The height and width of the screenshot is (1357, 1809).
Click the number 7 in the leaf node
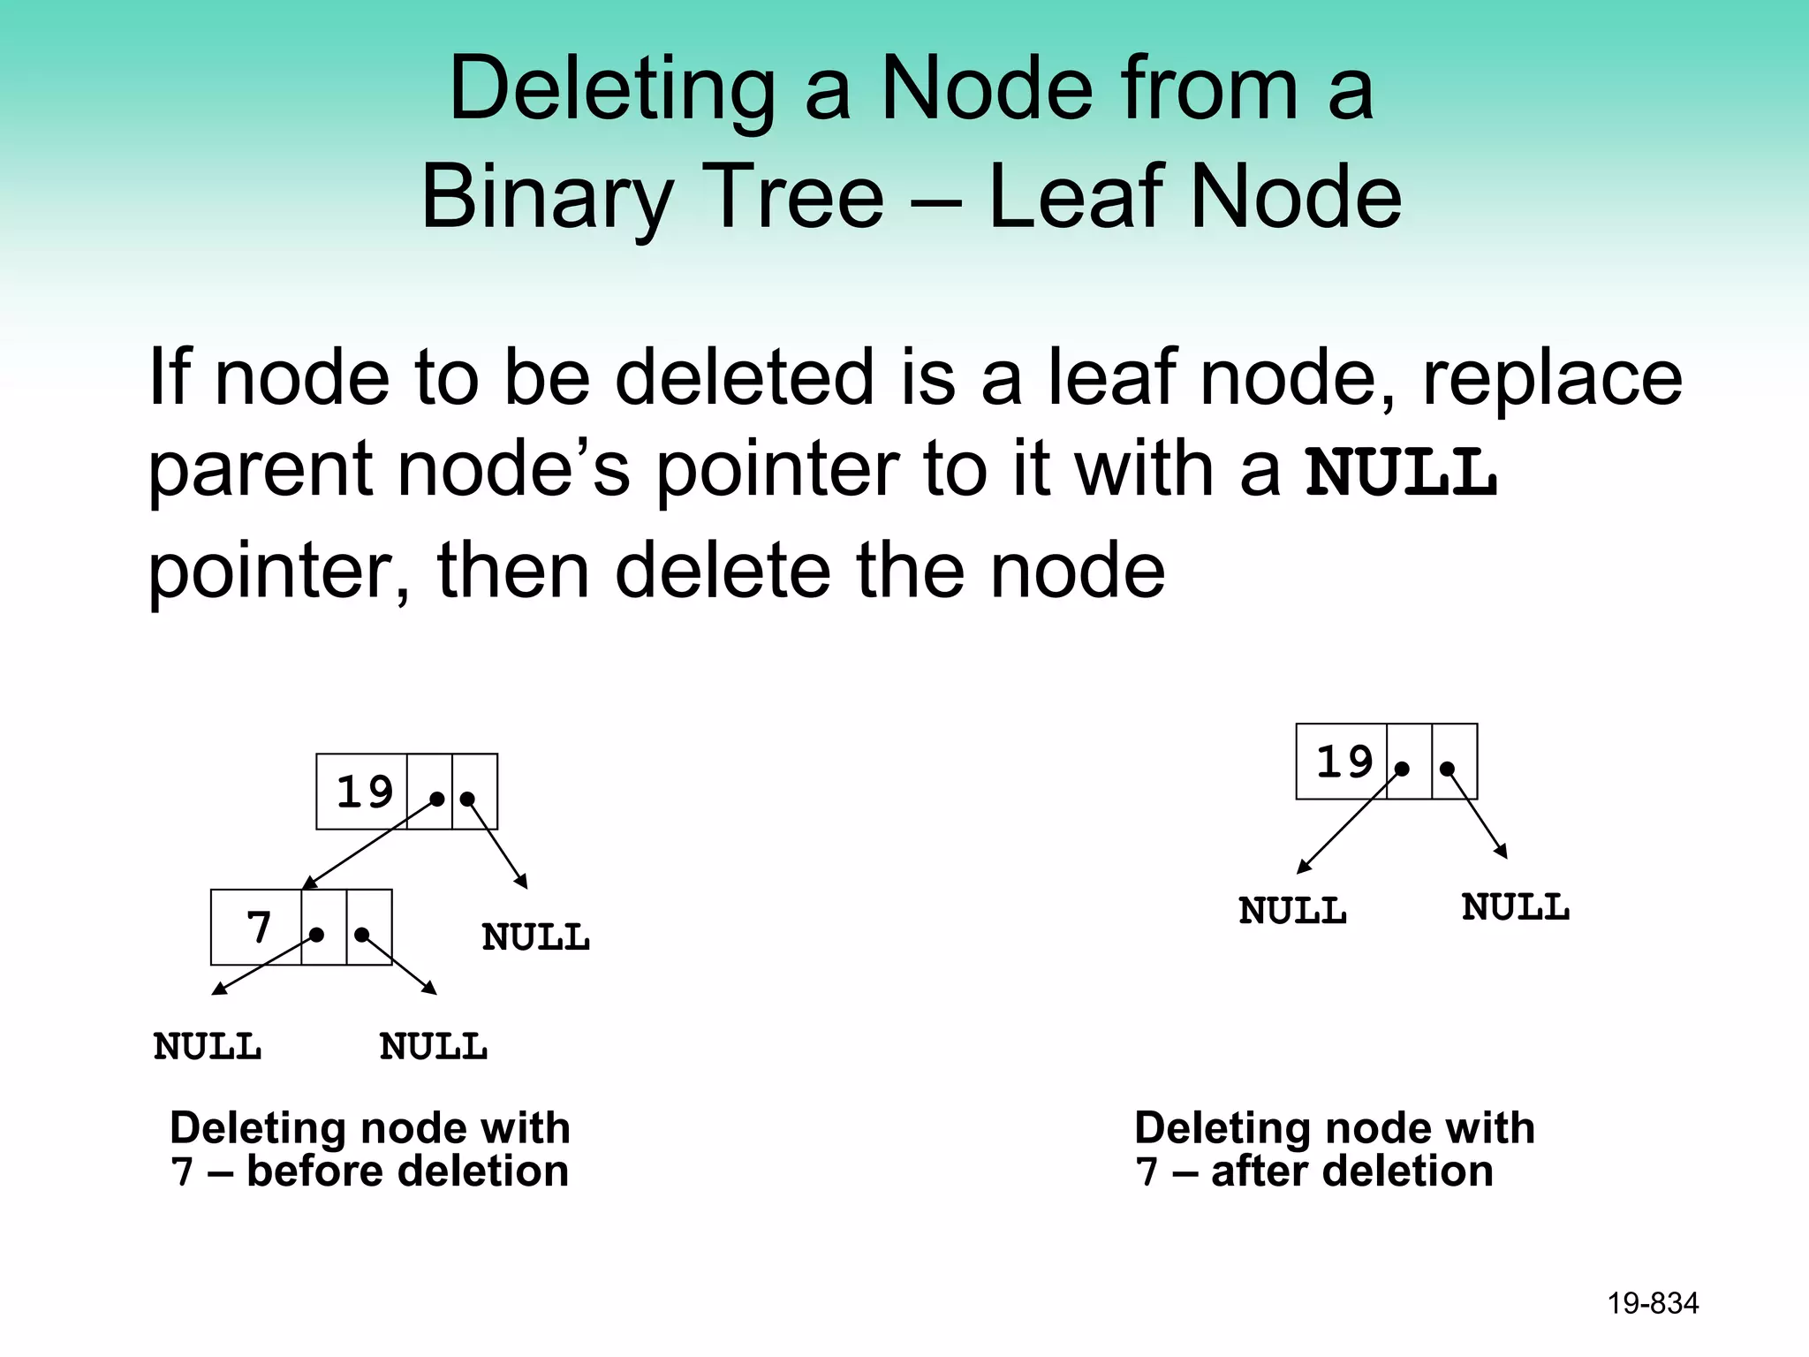coord(258,928)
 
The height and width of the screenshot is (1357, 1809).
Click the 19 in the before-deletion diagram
coord(364,792)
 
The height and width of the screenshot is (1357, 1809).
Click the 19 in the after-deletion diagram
coord(1344,762)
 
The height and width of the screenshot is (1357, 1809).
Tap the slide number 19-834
coord(1653,1303)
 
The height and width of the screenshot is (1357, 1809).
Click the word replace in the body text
coord(1552,377)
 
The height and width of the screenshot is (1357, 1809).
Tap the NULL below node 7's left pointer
coord(208,1047)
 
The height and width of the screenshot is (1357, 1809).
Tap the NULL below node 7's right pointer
coord(434,1047)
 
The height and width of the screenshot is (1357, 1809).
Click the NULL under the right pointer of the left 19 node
coord(535,937)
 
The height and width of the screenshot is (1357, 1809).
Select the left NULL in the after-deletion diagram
coord(1292,911)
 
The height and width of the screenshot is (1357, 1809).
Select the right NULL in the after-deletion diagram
coord(1516,907)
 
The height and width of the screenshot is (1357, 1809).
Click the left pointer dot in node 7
coord(317,934)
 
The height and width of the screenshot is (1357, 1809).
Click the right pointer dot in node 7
coord(361,934)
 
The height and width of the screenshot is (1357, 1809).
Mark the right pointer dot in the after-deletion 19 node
coord(1447,769)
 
